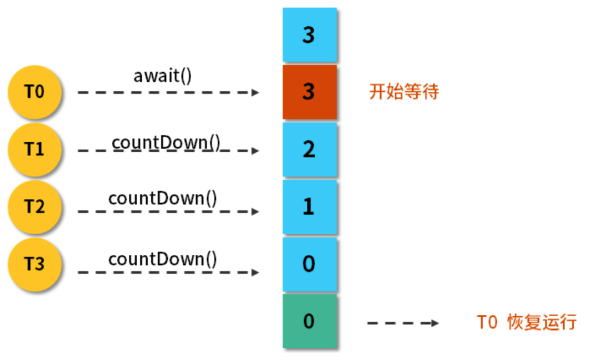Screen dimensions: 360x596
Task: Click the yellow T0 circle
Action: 35,92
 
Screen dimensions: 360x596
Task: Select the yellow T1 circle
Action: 35,149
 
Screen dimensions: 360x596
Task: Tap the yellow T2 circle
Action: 35,207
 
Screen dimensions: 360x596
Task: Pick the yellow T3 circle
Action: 35,264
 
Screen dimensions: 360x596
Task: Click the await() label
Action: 162,76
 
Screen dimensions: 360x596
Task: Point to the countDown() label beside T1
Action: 166,142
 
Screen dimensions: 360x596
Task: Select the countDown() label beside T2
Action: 162,199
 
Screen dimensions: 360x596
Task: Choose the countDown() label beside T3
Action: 162,259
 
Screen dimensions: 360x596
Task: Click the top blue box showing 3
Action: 309,35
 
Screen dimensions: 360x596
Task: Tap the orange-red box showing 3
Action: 309,92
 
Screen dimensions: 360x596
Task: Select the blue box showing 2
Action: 309,149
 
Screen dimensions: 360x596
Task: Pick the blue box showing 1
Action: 309,207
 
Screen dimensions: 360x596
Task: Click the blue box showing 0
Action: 309,264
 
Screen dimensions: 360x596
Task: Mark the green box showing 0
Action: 309,321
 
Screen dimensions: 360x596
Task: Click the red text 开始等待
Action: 404,91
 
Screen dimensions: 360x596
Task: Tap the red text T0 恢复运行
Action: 527,322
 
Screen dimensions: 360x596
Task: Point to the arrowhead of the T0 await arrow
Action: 256,93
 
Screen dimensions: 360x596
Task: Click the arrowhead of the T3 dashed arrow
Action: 256,272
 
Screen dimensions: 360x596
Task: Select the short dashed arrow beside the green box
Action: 403,323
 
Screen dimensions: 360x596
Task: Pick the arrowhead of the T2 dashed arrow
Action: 256,211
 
